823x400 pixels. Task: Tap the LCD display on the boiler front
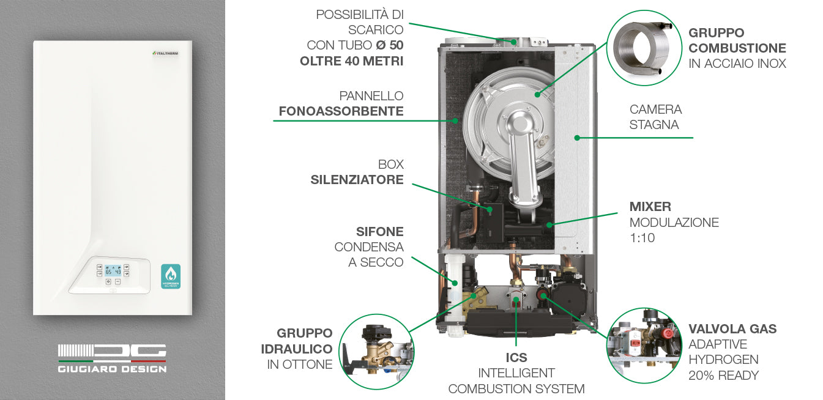tap(112, 270)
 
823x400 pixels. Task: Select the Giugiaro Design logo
tap(112, 358)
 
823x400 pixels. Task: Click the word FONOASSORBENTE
tap(341, 111)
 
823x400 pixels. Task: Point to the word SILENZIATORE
tap(357, 180)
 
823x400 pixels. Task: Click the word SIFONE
tap(379, 232)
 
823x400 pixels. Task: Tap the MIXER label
tap(650, 207)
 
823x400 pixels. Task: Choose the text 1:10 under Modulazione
tap(642, 238)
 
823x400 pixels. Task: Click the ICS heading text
tap(516, 357)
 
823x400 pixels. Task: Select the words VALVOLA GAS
tap(732, 329)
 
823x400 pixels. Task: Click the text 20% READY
tap(724, 375)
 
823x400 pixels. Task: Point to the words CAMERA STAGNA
tap(655, 117)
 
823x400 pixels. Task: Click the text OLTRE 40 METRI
tap(351, 61)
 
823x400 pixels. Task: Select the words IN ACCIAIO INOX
tap(737, 64)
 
